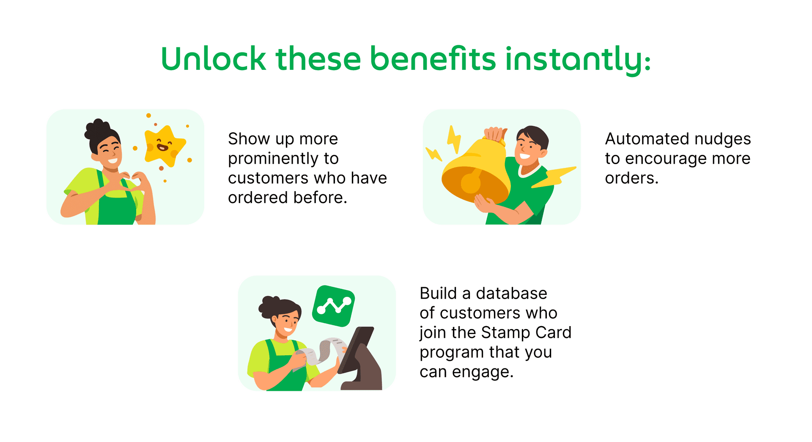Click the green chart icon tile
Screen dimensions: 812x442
333,306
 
